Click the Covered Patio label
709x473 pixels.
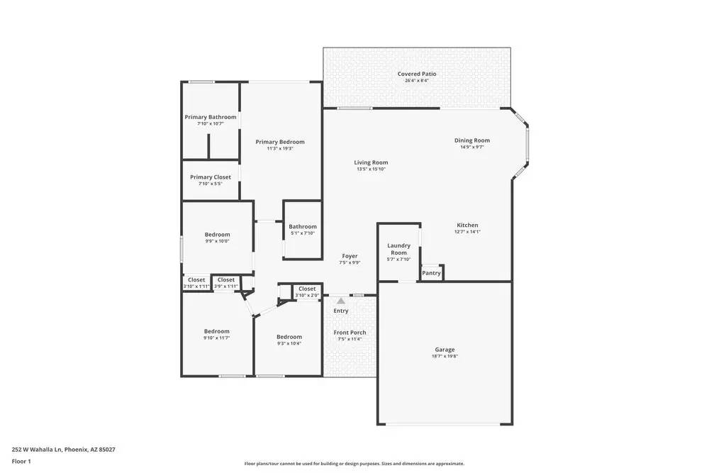(x=417, y=74)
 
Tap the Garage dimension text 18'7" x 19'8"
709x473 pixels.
(x=445, y=357)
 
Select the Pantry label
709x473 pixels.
(x=432, y=273)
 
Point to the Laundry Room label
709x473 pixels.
(x=399, y=249)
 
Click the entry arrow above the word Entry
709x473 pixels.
(x=341, y=301)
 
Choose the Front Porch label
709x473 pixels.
(x=350, y=332)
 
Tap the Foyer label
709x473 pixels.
(x=350, y=256)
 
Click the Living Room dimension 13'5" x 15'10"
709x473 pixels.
(x=371, y=169)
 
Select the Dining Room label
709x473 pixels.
(x=472, y=140)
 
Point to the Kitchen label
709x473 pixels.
(x=467, y=225)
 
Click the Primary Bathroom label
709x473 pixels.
(x=211, y=117)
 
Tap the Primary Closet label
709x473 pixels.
(x=211, y=177)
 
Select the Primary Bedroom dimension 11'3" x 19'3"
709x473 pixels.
(x=280, y=149)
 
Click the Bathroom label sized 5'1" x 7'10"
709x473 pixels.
(x=303, y=226)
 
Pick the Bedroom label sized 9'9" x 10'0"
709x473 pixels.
(x=218, y=235)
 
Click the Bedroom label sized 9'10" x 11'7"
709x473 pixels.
(x=217, y=331)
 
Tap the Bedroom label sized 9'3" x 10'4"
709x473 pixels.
(x=289, y=337)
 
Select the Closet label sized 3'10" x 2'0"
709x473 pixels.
(x=307, y=289)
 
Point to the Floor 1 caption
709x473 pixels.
(x=21, y=461)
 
